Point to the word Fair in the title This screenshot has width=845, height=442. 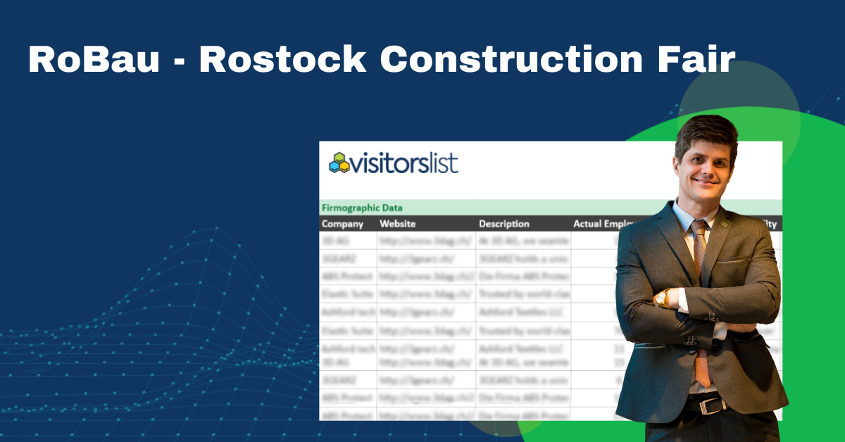coord(690,60)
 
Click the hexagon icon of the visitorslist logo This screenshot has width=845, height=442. coord(340,163)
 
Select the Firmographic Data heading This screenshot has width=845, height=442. coord(362,208)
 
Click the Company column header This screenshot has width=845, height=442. coord(342,224)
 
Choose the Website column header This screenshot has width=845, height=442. coord(398,224)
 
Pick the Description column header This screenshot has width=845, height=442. coord(503,224)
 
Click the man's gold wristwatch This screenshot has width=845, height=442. coord(662,298)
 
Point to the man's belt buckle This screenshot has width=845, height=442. coord(713,405)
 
